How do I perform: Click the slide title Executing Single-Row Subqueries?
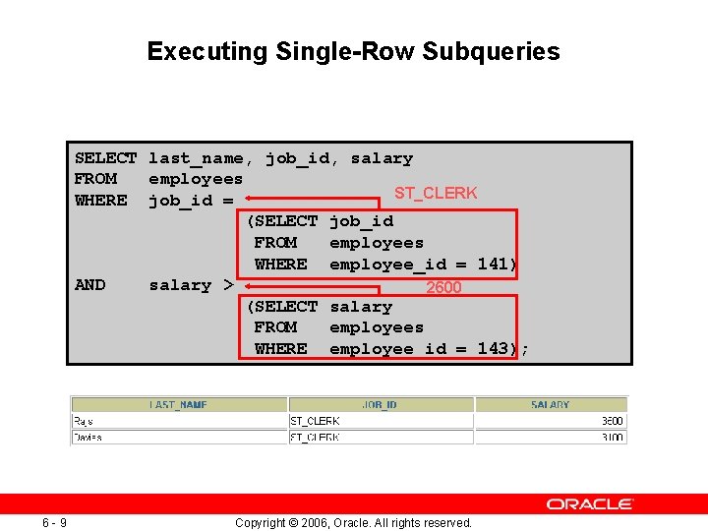click(x=353, y=51)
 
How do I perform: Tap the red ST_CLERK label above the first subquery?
click(x=435, y=193)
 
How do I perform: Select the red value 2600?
click(x=442, y=287)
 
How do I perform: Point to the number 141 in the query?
click(x=493, y=264)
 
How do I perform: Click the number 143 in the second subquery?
click(x=493, y=348)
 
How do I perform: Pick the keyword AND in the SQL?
click(x=89, y=284)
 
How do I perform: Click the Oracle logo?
click(x=589, y=503)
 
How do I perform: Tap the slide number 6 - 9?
click(x=53, y=522)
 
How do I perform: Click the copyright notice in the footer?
click(x=353, y=522)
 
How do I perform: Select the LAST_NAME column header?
click(x=178, y=404)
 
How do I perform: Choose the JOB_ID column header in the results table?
click(x=380, y=404)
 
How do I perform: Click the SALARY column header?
click(x=550, y=404)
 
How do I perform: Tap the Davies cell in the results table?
click(x=87, y=437)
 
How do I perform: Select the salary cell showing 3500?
click(x=611, y=421)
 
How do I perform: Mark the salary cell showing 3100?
click(x=611, y=437)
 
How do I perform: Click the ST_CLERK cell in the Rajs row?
click(x=315, y=421)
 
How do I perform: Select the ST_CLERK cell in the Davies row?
click(x=315, y=437)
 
